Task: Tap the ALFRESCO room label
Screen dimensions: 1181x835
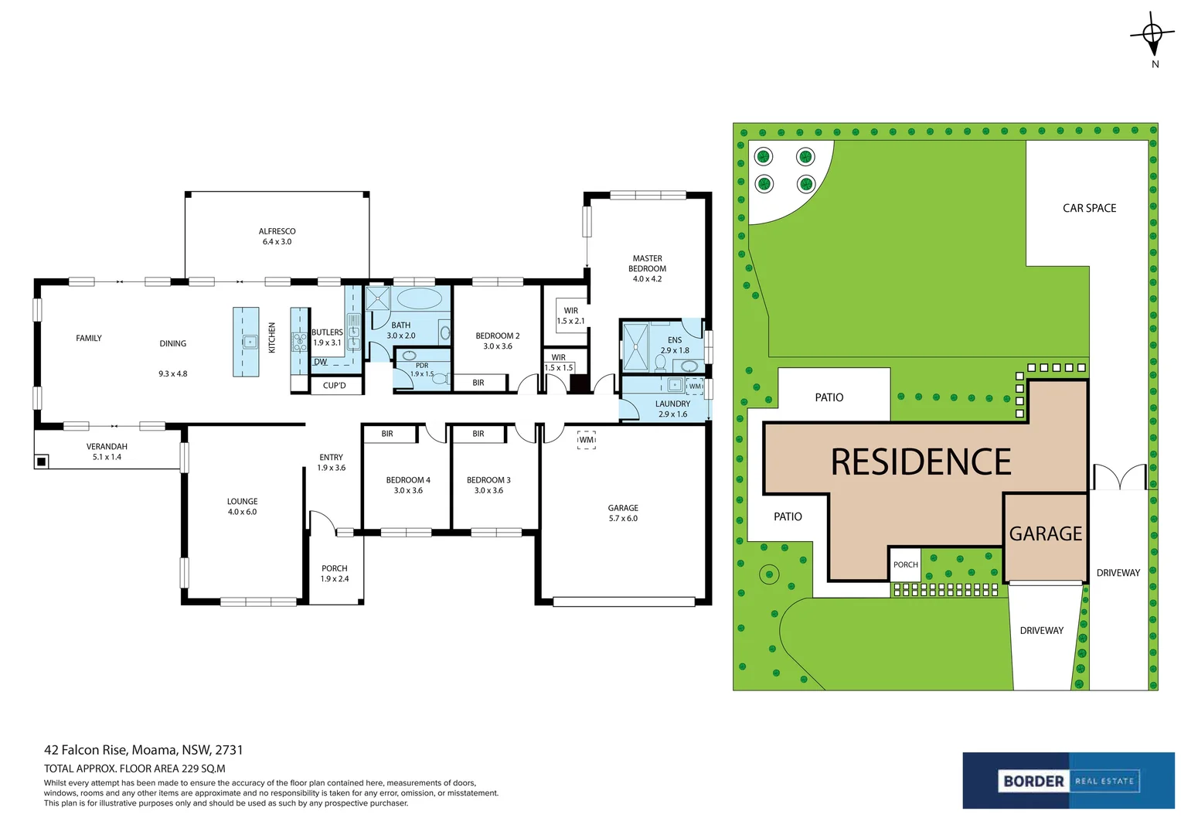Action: (277, 231)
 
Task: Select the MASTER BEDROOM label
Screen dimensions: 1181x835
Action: (647, 263)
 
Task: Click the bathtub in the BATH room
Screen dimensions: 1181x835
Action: (419, 298)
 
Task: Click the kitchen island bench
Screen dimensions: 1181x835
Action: (246, 342)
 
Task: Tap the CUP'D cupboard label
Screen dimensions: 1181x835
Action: (334, 386)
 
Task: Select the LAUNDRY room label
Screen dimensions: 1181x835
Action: (672, 404)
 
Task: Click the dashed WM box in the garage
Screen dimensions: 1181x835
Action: (587, 439)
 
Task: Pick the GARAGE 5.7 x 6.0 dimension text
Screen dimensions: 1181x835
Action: (623, 519)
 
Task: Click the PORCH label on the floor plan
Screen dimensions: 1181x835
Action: (334, 568)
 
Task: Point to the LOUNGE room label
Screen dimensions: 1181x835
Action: (242, 502)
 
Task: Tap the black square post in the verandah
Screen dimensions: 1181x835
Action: (41, 462)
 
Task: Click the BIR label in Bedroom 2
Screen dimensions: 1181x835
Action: (478, 383)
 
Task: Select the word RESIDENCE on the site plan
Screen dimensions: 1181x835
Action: (921, 462)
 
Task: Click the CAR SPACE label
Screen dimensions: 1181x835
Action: (1089, 208)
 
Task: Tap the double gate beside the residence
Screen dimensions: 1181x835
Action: (1119, 477)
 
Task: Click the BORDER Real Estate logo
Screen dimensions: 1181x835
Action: (1068, 781)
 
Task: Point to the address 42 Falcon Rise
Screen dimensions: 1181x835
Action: (85, 750)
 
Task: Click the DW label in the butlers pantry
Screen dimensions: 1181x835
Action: (321, 363)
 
